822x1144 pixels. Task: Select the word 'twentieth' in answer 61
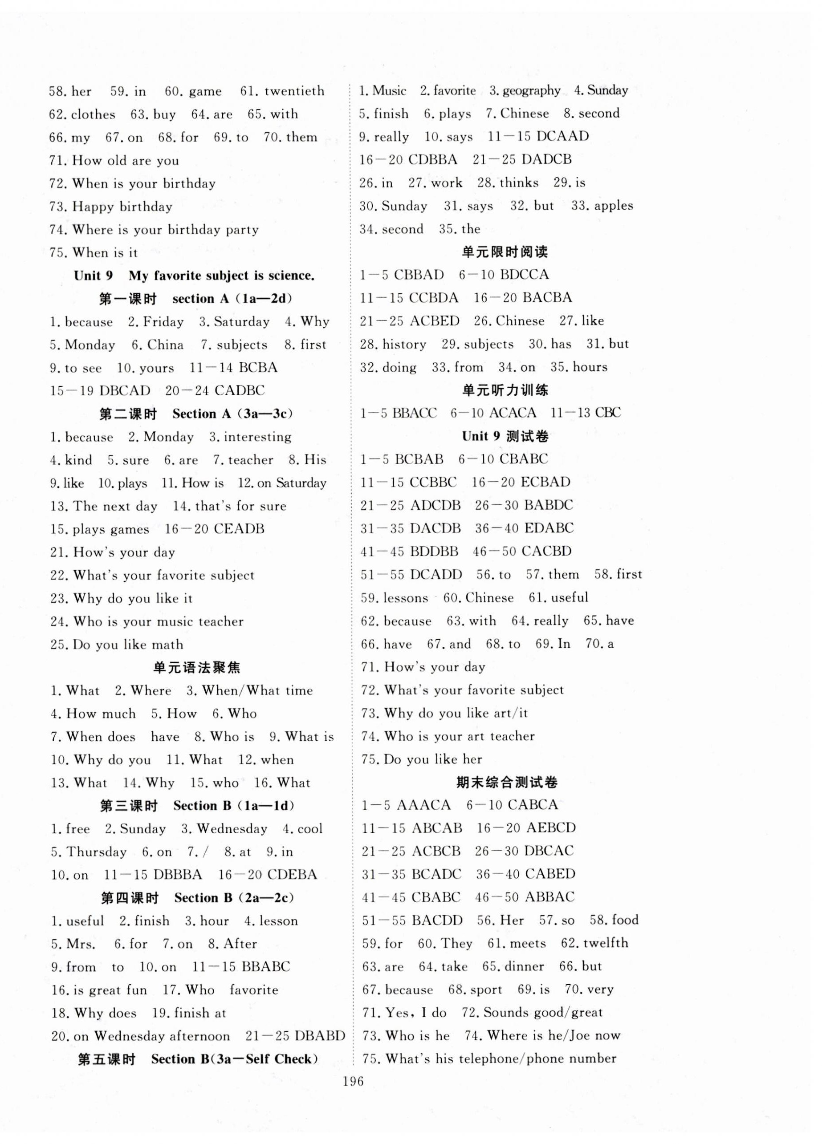[294, 91]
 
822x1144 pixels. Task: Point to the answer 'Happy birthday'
[122, 207]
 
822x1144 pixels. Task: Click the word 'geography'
[531, 91]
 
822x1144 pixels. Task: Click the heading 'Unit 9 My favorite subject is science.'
[194, 276]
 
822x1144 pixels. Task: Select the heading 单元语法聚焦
[197, 668]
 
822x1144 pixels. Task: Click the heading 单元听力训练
[505, 390]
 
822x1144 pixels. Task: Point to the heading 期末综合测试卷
[507, 783]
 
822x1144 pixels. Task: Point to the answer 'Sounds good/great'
[542, 1013]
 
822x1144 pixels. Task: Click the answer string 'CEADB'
[239, 529]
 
